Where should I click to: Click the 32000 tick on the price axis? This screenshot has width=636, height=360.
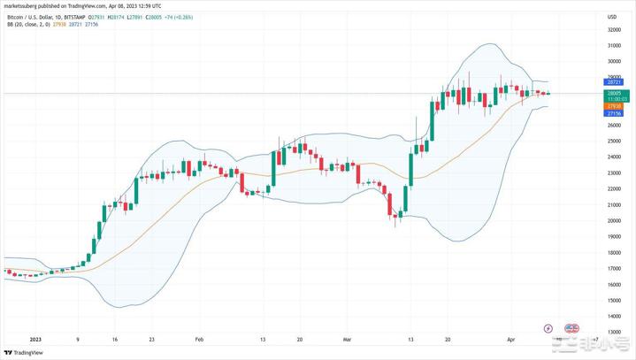point(612,29)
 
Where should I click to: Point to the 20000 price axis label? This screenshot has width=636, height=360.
point(612,221)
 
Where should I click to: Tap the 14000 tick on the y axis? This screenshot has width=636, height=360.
point(612,317)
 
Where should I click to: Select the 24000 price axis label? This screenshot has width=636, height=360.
point(612,157)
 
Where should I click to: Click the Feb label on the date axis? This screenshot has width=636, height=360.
point(199,339)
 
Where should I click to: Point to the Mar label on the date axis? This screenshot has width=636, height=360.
point(347,339)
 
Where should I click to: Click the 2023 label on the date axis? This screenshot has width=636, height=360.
point(35,339)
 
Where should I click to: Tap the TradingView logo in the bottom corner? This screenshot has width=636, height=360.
point(27,352)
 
